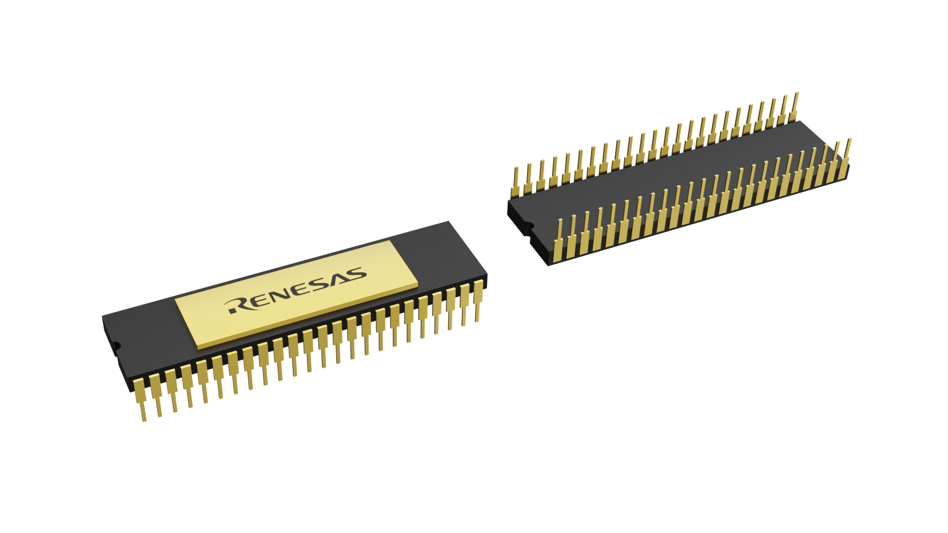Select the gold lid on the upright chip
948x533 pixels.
[x=296, y=295]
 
